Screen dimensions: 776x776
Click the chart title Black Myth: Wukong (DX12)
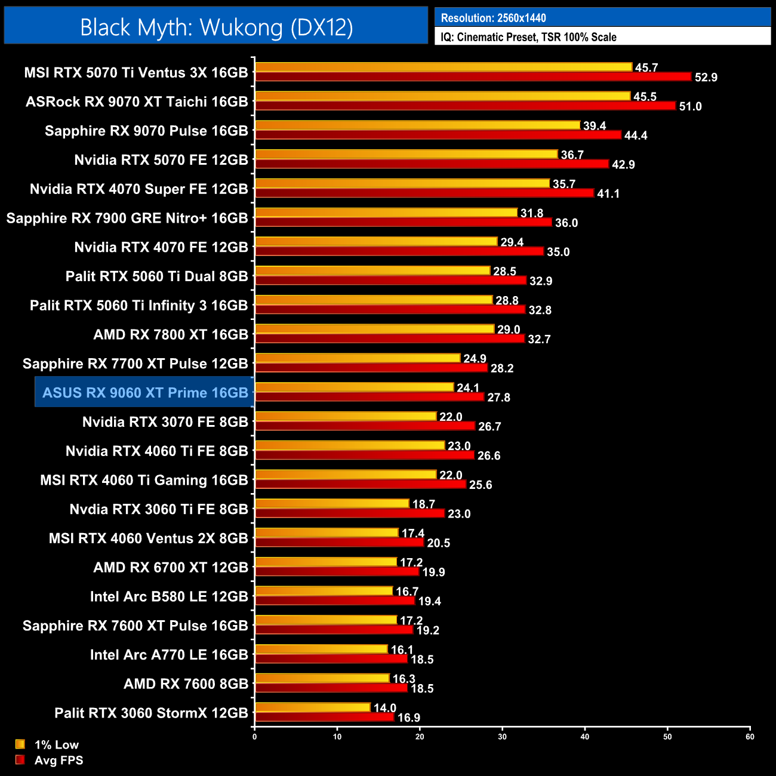(216, 27)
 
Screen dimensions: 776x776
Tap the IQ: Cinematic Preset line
(528, 37)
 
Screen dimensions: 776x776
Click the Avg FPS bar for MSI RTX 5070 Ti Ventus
(473, 76)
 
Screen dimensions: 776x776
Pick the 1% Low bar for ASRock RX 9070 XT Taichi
(442, 96)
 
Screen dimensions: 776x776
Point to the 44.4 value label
(636, 136)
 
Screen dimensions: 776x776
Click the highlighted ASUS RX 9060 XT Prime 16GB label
(145, 393)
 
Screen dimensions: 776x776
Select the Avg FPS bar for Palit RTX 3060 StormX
(324, 717)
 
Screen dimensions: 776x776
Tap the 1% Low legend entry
(48, 744)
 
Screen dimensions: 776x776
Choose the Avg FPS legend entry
(50, 760)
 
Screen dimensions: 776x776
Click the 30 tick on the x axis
(502, 737)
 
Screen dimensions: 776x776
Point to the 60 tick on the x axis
(750, 737)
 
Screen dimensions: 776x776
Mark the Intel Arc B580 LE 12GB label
(169, 596)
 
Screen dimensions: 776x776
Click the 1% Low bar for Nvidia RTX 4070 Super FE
(402, 183)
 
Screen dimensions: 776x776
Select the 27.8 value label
(498, 398)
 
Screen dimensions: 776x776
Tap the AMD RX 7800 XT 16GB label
(171, 334)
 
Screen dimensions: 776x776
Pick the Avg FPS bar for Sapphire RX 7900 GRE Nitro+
(403, 222)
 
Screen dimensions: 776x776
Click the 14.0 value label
(385, 708)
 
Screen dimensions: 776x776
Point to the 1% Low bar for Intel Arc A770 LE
(321, 649)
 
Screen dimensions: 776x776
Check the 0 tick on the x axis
(255, 737)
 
